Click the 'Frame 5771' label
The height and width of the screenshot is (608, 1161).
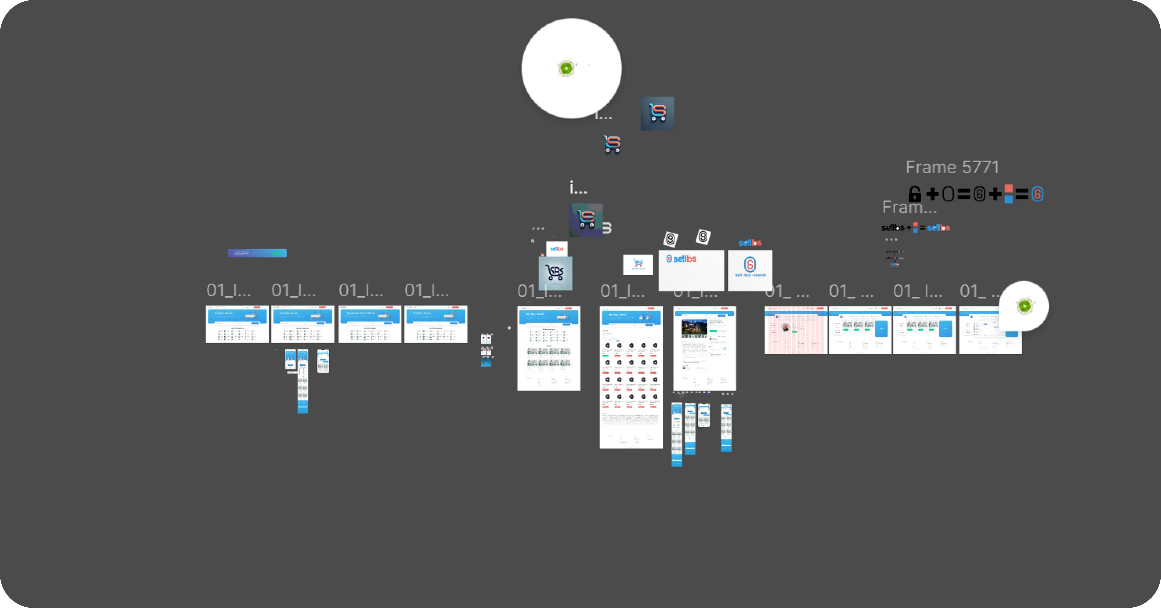952,167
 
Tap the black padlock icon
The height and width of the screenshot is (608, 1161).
914,194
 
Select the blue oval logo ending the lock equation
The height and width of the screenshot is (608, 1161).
1037,194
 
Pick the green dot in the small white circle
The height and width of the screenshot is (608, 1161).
1024,306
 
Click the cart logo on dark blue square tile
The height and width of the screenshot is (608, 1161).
658,113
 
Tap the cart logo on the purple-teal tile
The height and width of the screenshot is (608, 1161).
586,220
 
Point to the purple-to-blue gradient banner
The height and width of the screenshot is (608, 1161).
257,253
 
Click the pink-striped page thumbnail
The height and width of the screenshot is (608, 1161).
795,330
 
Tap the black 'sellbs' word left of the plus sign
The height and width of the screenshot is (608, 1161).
892,228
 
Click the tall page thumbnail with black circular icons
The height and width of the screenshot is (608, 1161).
631,377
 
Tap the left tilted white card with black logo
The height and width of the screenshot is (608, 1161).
670,239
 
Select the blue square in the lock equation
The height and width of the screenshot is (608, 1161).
1009,199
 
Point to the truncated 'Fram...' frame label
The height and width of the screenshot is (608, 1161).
909,208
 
